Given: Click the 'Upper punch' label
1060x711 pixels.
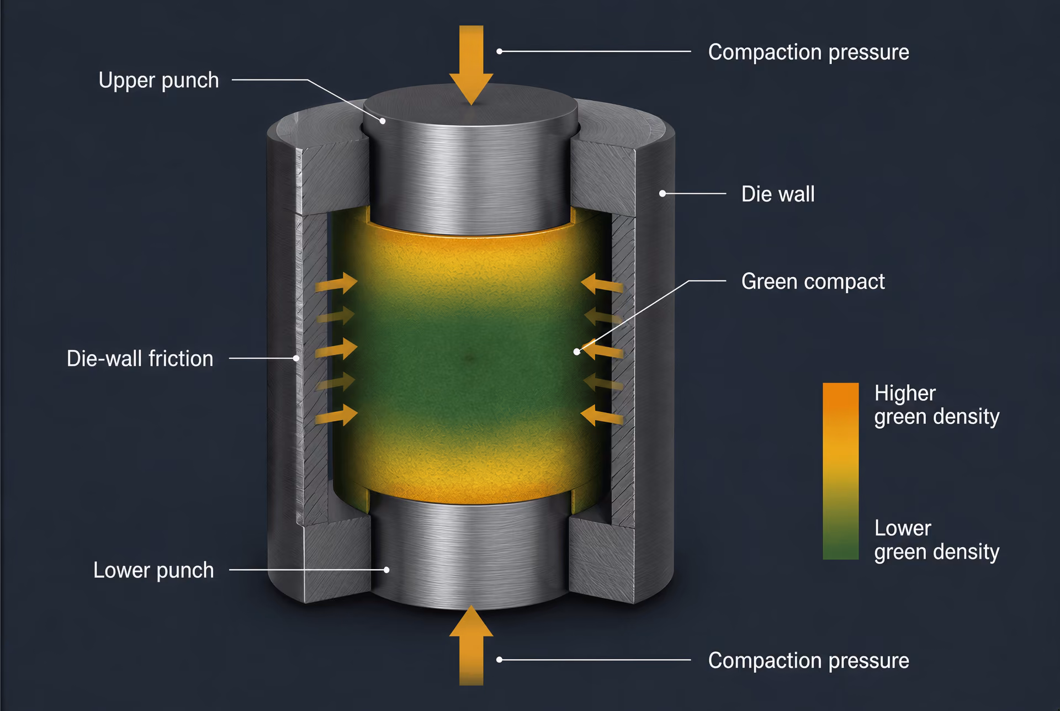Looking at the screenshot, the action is click(x=159, y=81).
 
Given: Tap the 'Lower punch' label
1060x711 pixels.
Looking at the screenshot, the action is click(x=153, y=570).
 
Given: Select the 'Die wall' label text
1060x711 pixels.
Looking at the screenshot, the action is click(x=778, y=194).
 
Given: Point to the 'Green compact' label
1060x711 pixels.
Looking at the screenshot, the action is click(x=813, y=282).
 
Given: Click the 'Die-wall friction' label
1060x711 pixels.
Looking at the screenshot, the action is click(x=140, y=359).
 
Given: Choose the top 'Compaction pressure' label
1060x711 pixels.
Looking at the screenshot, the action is click(x=808, y=52).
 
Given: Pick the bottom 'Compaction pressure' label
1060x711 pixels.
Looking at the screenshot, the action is click(x=808, y=661).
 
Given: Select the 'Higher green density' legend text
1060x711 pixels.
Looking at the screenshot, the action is click(x=936, y=405).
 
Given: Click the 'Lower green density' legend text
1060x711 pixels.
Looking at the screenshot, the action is click(x=936, y=540).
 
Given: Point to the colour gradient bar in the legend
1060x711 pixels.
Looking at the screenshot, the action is click(x=840, y=471).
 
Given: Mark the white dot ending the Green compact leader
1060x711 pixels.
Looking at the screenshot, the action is click(x=577, y=352).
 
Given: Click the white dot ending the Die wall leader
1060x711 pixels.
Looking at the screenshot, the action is click(x=662, y=194).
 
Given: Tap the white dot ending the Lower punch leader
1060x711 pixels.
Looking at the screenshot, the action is click(x=387, y=570).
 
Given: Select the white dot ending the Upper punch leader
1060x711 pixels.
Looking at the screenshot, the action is click(x=382, y=120).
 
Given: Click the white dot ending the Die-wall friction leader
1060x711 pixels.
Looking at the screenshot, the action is click(x=296, y=358).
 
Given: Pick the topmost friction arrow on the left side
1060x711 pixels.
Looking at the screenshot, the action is click(x=336, y=283).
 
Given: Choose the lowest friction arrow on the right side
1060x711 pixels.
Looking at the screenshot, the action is click(x=602, y=416).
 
